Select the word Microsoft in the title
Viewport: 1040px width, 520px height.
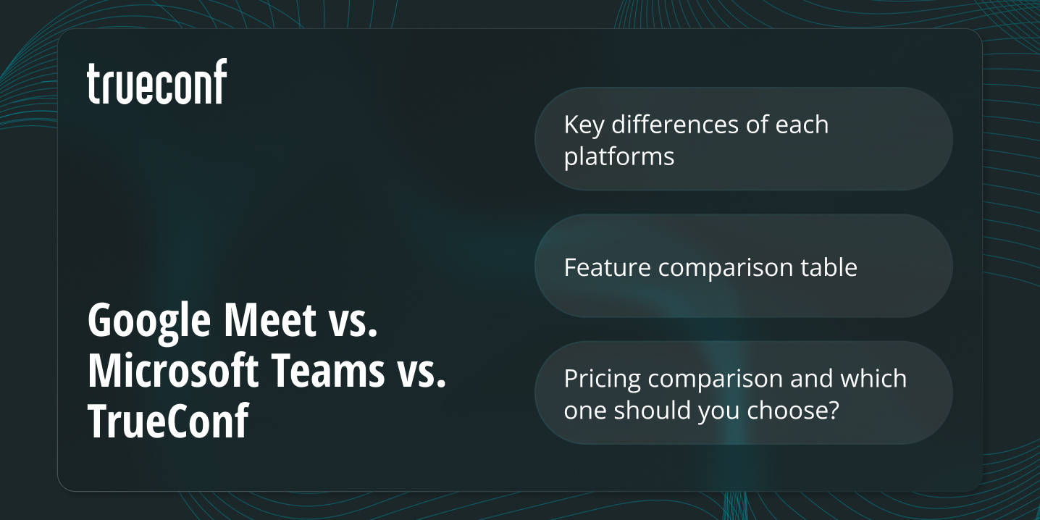point(173,370)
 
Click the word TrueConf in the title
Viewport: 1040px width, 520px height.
point(168,422)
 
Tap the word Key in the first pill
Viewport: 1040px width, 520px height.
point(584,125)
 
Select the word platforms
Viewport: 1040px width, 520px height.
point(618,156)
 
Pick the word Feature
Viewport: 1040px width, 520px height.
point(608,267)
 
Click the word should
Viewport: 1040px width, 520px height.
point(653,410)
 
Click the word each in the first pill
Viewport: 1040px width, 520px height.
point(801,125)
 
